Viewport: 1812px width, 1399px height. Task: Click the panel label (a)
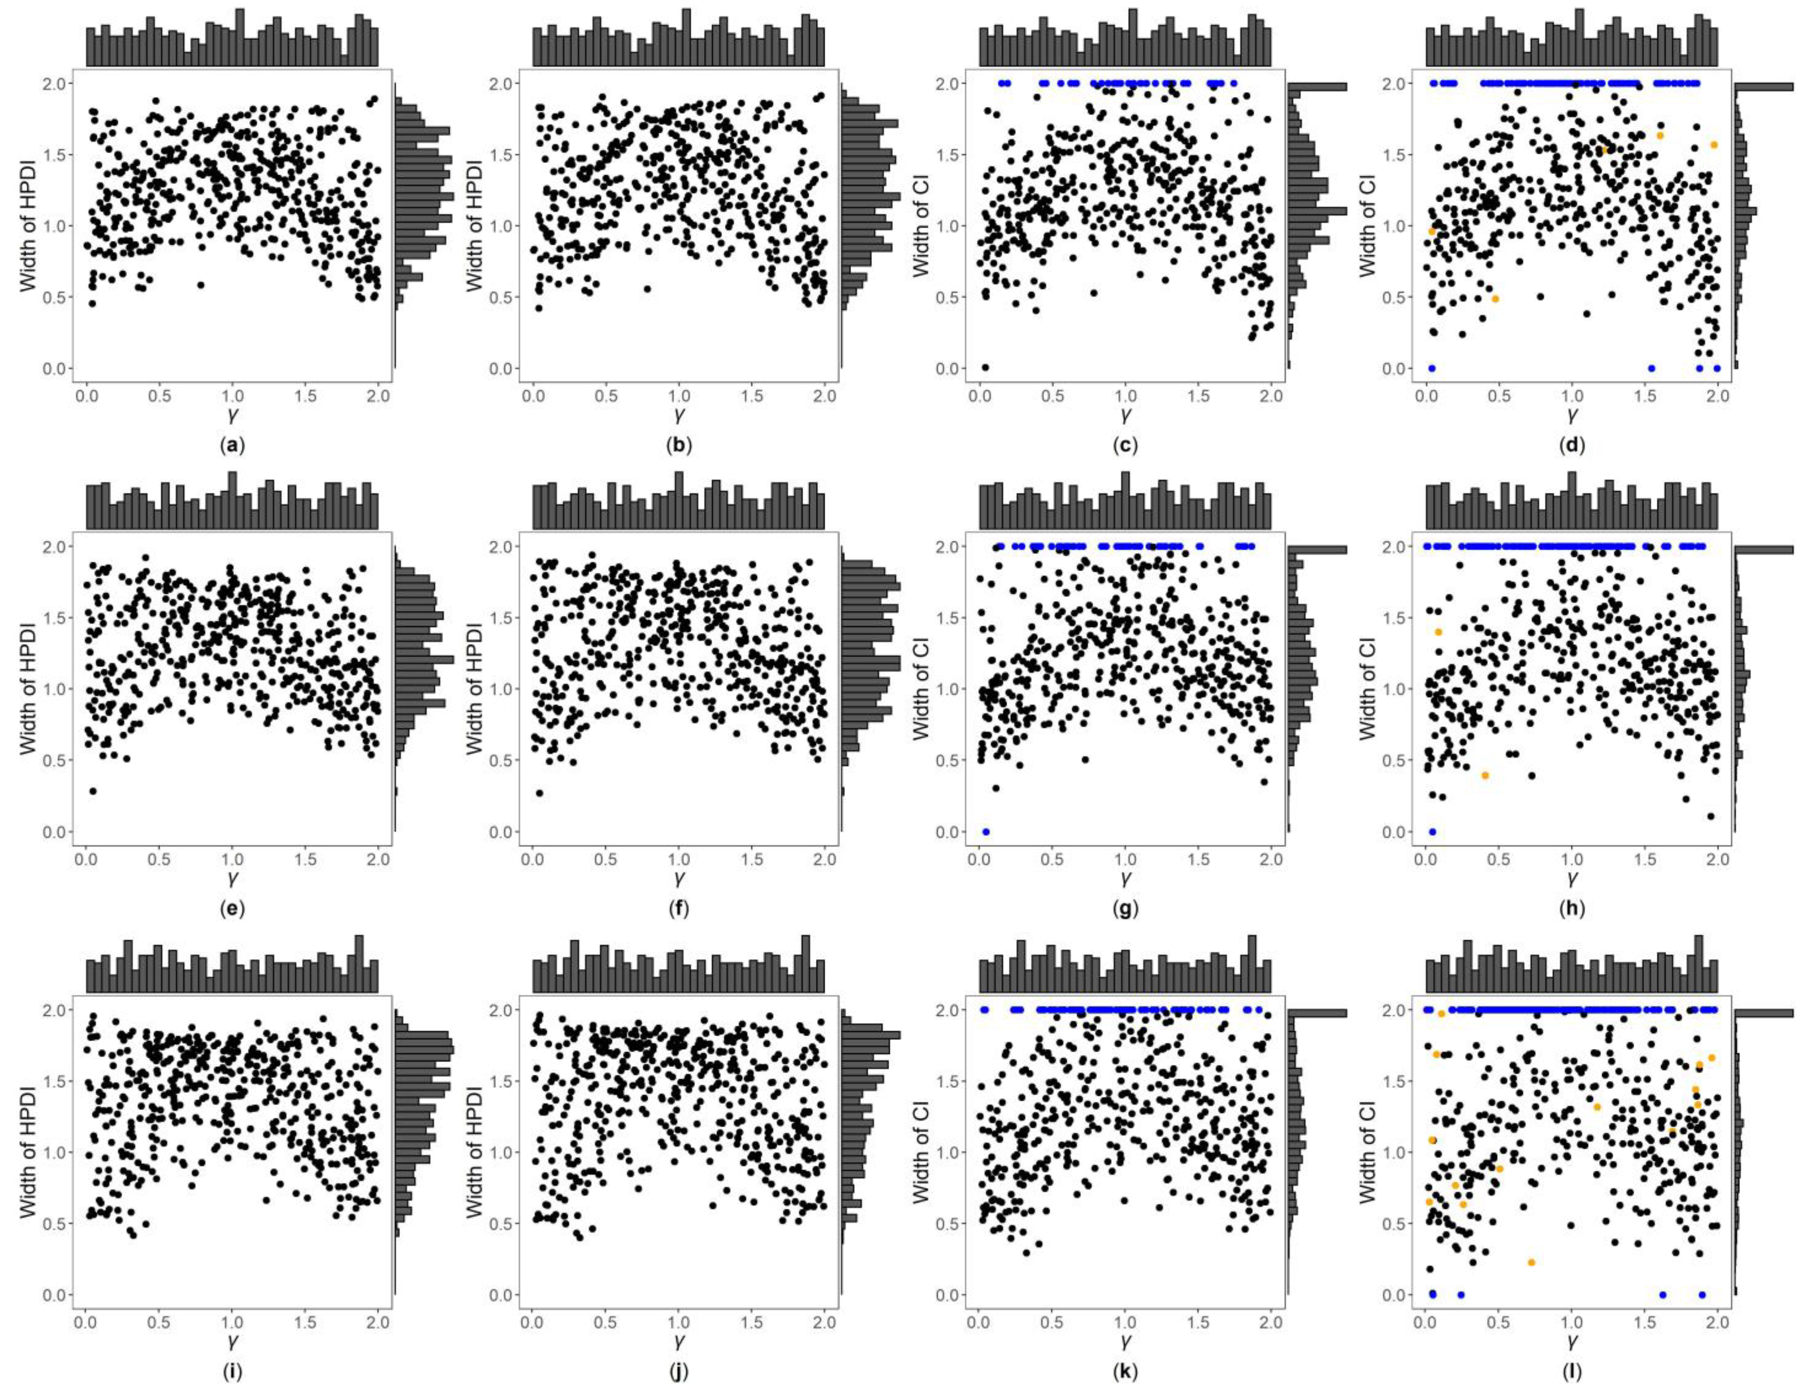232,445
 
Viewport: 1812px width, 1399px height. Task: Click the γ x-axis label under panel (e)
232,877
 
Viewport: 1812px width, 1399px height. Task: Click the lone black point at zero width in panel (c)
985,367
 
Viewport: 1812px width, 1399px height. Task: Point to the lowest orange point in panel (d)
1495,298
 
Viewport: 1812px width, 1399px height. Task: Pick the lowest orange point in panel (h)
1485,775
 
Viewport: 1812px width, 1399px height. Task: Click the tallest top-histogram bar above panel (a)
240,37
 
